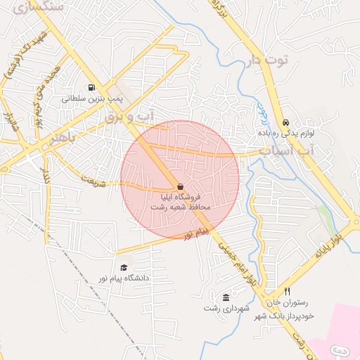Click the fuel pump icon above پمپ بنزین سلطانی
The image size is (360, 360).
(91, 88)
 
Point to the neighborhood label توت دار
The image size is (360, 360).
(268, 60)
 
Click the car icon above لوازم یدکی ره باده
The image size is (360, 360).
(285, 122)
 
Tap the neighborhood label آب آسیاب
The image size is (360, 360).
(284, 151)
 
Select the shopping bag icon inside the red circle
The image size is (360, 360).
(181, 186)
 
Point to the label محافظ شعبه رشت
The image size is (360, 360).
(180, 208)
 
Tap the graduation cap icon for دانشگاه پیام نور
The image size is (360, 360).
(124, 267)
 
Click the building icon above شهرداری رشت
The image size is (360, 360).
(225, 297)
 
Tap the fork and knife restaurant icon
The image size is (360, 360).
(287, 291)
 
